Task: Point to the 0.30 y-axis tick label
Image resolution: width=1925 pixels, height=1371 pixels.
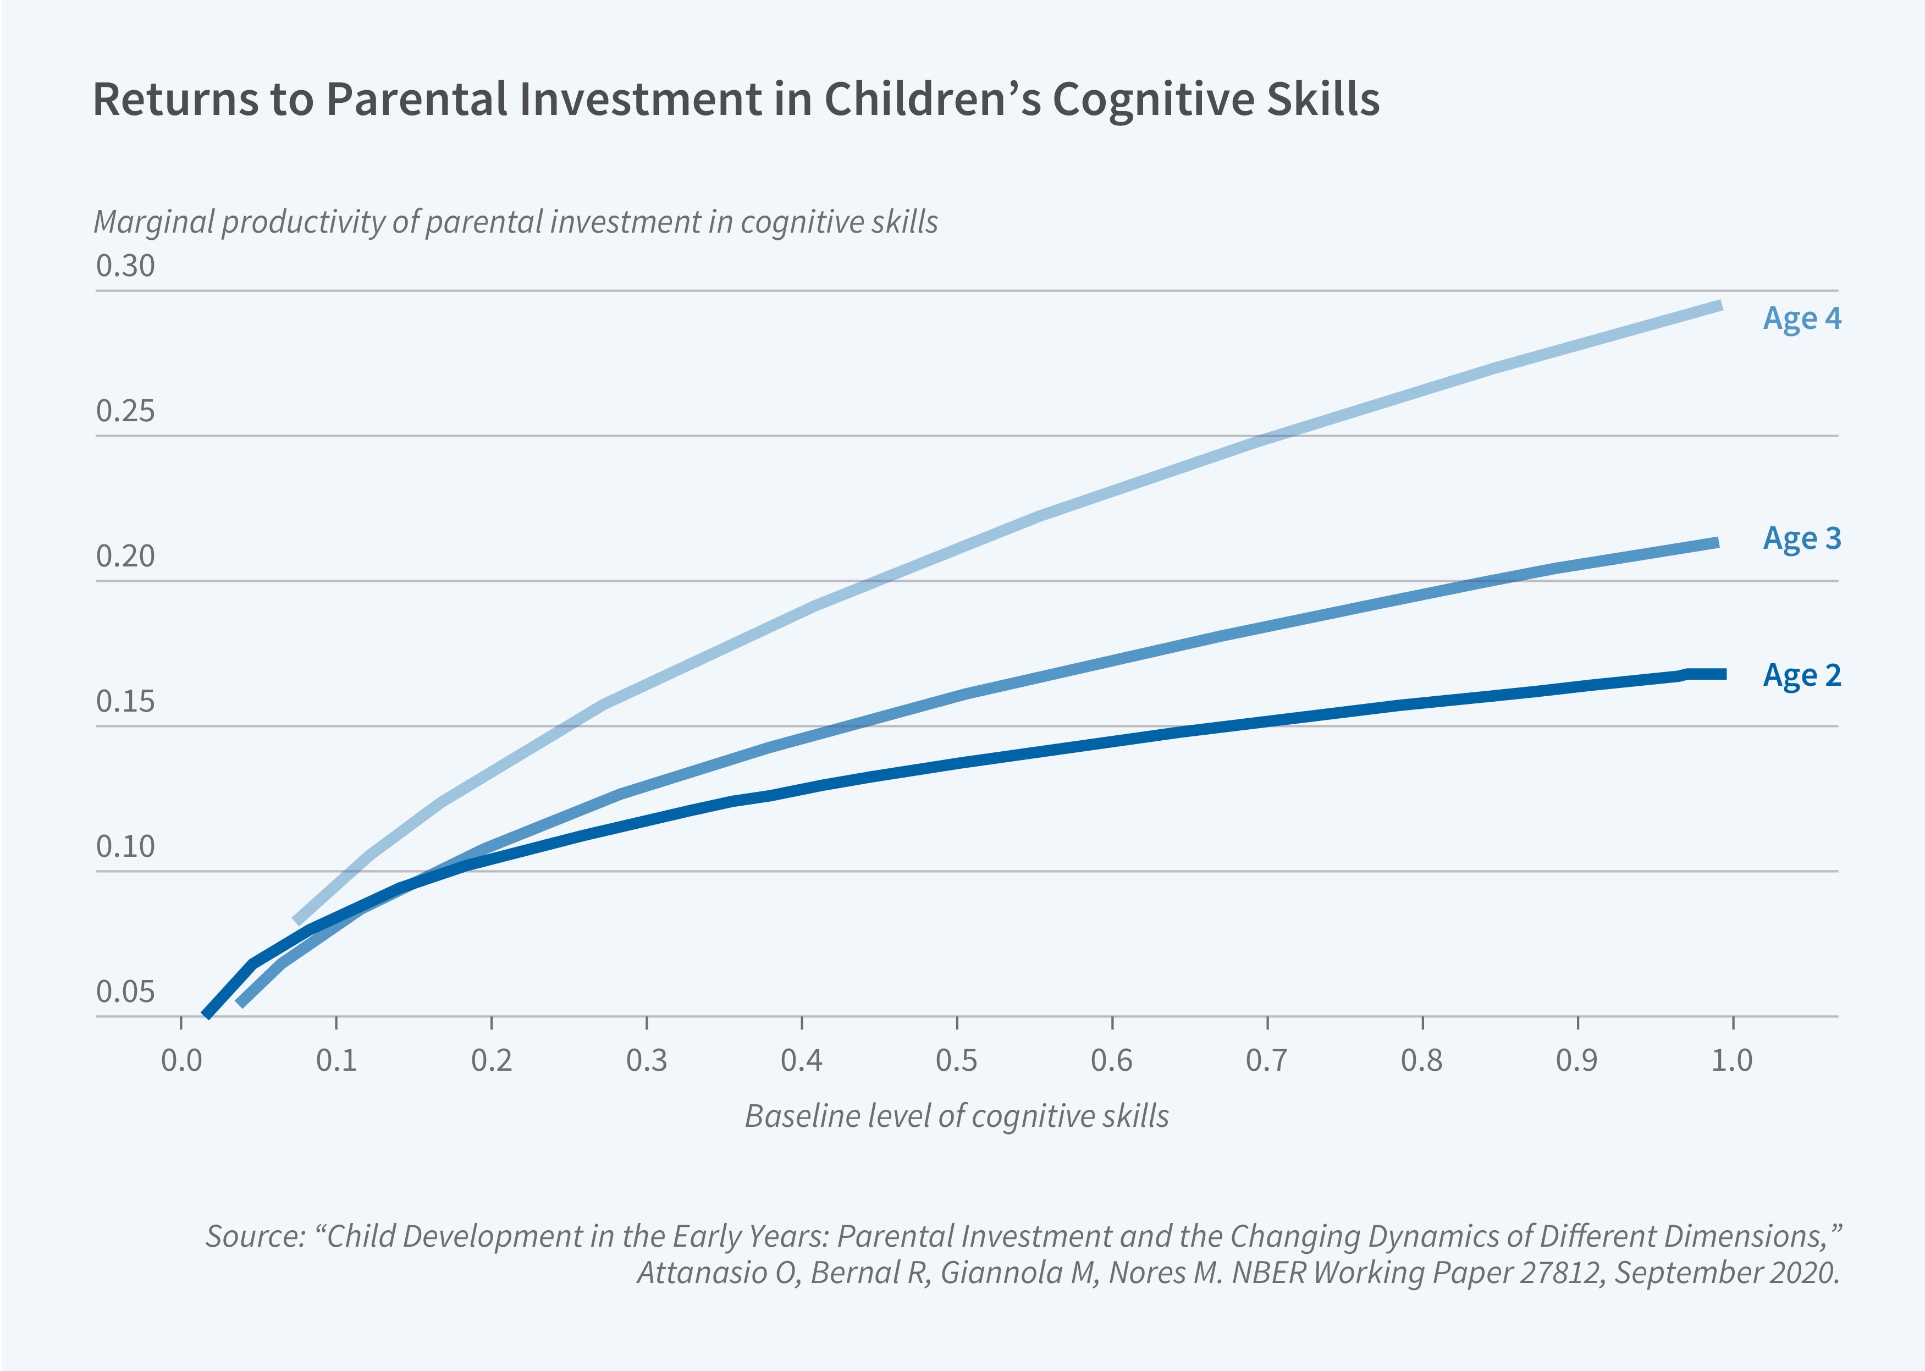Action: (126, 266)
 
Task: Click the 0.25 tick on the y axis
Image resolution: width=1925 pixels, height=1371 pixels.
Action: (126, 411)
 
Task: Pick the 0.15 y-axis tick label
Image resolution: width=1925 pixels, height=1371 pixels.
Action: (126, 702)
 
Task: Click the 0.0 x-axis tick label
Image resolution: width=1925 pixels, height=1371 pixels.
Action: (181, 1060)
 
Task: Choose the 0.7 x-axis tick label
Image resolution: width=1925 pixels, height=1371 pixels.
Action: (1267, 1060)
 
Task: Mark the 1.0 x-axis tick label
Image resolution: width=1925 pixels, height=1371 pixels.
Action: (1732, 1060)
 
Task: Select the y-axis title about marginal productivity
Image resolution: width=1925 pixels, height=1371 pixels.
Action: (515, 222)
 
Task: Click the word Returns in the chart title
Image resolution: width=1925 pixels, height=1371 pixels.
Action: (175, 100)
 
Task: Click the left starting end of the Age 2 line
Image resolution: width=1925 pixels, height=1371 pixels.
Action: (207, 1014)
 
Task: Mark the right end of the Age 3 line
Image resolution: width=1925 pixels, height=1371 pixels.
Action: (1717, 543)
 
